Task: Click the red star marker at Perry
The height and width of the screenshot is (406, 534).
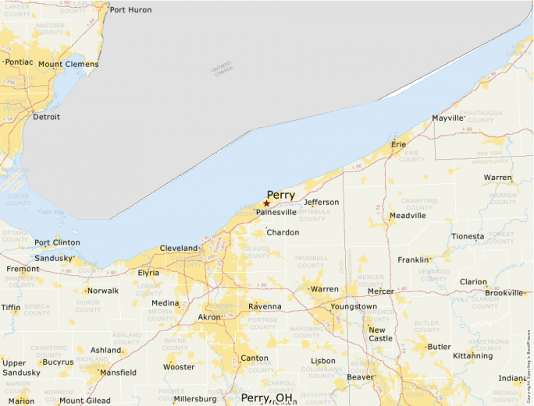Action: point(266,203)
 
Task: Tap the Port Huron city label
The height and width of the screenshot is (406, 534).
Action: point(131,9)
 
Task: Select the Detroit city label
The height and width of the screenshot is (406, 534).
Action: point(46,117)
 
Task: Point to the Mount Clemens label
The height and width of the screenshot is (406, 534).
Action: point(68,64)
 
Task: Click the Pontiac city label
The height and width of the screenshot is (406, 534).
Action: point(20,62)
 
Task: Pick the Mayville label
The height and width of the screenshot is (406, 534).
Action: point(448,118)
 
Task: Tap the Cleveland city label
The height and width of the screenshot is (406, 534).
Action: point(179,248)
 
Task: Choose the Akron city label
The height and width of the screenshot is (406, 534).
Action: point(209,317)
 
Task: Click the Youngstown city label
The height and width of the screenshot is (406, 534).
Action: point(354,306)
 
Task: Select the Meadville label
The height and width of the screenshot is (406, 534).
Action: point(408,215)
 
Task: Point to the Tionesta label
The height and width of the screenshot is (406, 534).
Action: point(467,236)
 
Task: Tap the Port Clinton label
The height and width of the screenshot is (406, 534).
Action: point(57,242)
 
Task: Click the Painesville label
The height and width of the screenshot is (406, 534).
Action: point(276,212)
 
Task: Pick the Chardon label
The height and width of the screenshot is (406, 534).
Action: point(283,232)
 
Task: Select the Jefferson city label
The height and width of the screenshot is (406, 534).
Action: point(322,203)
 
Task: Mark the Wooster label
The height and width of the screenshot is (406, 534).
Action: point(179,366)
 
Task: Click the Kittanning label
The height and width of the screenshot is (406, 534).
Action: point(473,356)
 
